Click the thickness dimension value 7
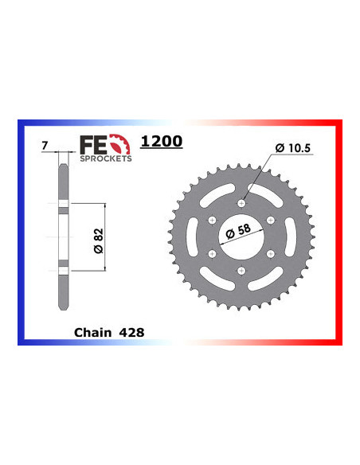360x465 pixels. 45,146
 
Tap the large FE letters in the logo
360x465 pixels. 90,144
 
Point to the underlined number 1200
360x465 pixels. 161,142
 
